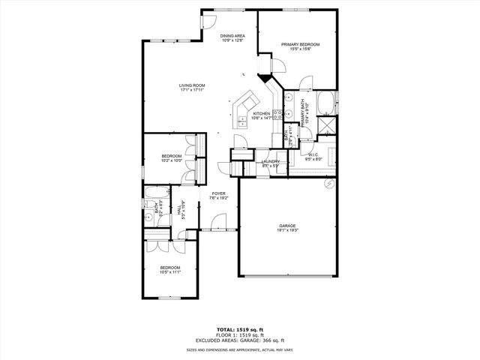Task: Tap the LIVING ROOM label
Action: pyautogui.click(x=192, y=85)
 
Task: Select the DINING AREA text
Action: pyautogui.click(x=232, y=36)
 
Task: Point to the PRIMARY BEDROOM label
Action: pyautogui.click(x=300, y=44)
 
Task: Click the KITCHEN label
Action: pyautogui.click(x=261, y=113)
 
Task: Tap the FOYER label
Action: pyautogui.click(x=219, y=193)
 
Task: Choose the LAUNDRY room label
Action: pyautogui.click(x=271, y=161)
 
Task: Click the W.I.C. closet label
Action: pyautogui.click(x=313, y=154)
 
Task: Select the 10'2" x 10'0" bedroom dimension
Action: pyautogui.click(x=172, y=160)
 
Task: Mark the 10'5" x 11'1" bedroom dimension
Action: pyautogui.click(x=169, y=272)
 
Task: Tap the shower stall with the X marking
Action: pyautogui.click(x=328, y=126)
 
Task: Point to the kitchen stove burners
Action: pyautogui.click(x=277, y=115)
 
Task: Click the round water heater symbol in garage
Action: pyautogui.click(x=328, y=184)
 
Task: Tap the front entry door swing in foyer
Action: pyautogui.click(x=218, y=222)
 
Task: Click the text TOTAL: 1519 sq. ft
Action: pyautogui.click(x=240, y=329)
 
